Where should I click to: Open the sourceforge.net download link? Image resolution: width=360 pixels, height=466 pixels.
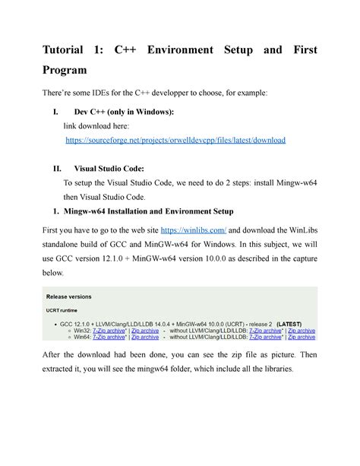(x=175, y=141)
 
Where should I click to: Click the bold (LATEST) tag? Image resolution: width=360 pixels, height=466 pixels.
(x=292, y=324)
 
